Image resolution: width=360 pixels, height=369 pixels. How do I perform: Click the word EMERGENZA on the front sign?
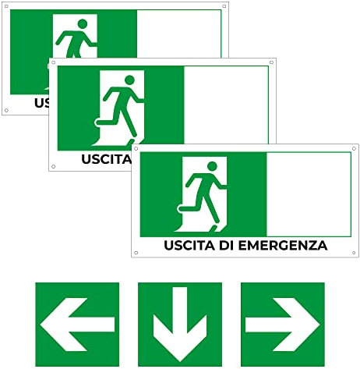coord(288,246)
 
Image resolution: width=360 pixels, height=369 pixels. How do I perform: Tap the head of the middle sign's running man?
coord(126,80)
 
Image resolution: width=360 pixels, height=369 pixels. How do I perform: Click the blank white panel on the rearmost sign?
coord(181,32)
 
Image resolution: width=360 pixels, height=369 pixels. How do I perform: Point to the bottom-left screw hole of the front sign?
coord(136,251)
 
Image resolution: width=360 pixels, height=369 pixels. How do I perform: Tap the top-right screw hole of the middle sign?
coord(271,62)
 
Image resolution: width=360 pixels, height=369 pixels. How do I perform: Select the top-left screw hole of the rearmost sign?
coord(7,7)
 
